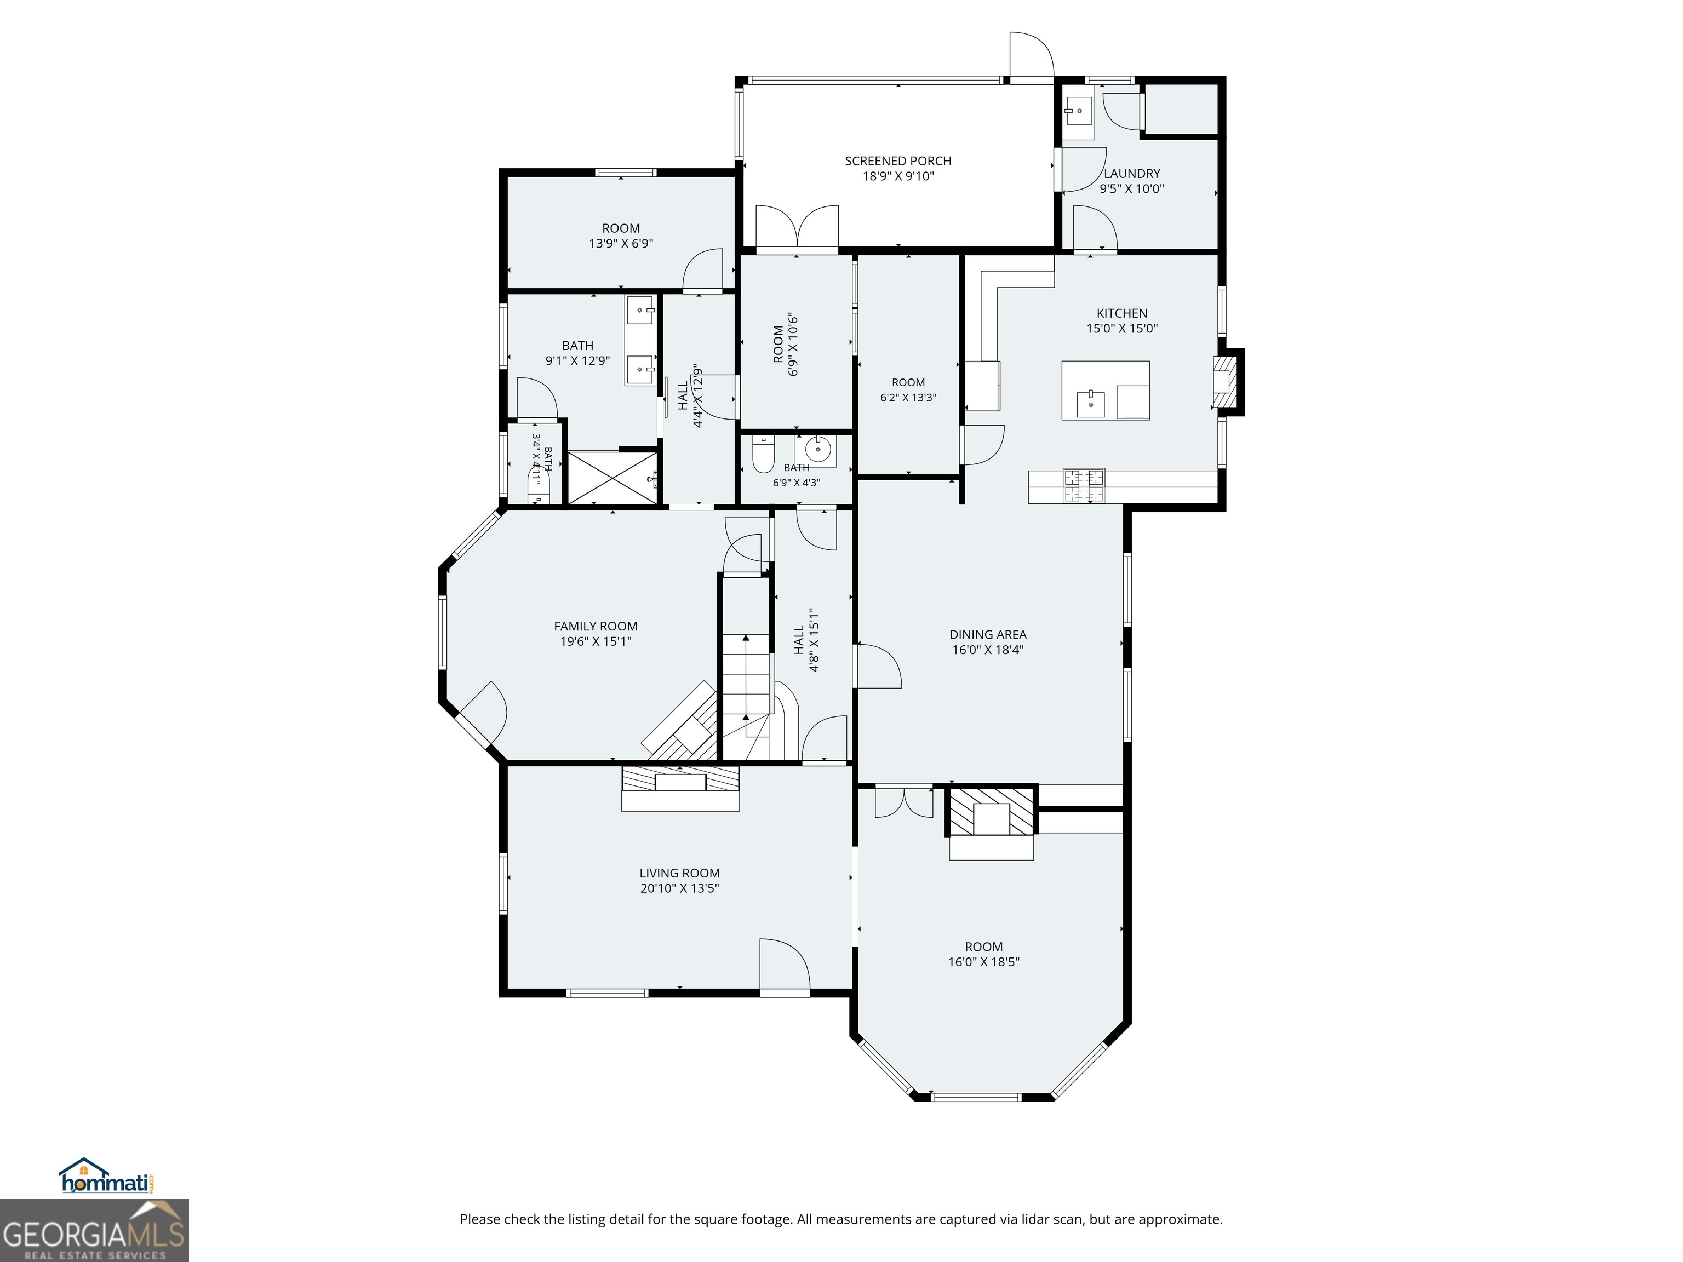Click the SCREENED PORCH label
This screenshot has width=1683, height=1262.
[x=898, y=161]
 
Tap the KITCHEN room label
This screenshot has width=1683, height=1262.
[x=1121, y=313]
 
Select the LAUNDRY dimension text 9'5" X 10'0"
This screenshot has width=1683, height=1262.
[x=1131, y=188]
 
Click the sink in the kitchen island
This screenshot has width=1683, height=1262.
[x=1091, y=403]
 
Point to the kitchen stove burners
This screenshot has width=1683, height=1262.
[x=1084, y=486]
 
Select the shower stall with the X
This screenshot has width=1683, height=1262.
[x=612, y=477]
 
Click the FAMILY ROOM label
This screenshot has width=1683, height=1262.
[x=596, y=626]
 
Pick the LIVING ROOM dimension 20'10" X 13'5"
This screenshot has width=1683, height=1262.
[x=679, y=888]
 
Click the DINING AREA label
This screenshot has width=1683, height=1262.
[x=988, y=634]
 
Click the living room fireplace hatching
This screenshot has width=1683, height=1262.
[x=680, y=778]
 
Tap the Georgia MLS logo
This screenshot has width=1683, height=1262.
[x=94, y=1230]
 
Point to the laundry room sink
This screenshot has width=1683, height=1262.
[x=1078, y=111]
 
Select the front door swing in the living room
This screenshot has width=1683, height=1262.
[x=783, y=964]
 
